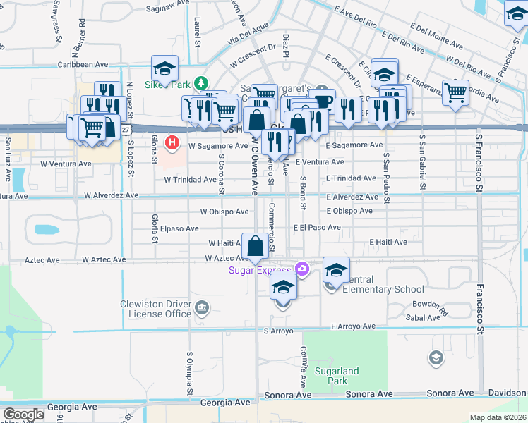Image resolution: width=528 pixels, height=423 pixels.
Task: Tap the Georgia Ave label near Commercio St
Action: [x=225, y=403]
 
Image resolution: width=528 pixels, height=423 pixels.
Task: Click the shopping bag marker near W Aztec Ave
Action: [x=256, y=247]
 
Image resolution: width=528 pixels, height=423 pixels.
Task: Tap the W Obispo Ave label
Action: [x=224, y=211]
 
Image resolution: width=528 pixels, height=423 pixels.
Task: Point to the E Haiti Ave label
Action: [x=388, y=242]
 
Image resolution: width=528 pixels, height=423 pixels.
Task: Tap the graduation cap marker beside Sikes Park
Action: [x=164, y=69]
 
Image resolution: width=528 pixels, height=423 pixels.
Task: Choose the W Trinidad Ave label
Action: [x=190, y=180]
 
